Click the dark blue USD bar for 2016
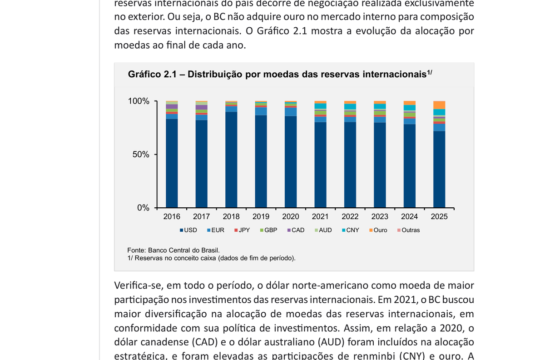[172, 164]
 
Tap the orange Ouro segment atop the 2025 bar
[439, 105]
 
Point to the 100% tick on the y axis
[139, 101]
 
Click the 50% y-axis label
[141, 155]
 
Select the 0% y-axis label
[143, 208]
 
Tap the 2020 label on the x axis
[291, 217]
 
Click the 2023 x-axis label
[380, 217]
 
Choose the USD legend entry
[188, 230]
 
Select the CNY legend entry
[350, 230]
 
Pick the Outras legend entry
[408, 230]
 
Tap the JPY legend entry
[242, 230]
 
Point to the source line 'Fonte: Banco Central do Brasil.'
[173, 250]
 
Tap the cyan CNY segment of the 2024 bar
[410, 108]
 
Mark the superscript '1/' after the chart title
[429, 72]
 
